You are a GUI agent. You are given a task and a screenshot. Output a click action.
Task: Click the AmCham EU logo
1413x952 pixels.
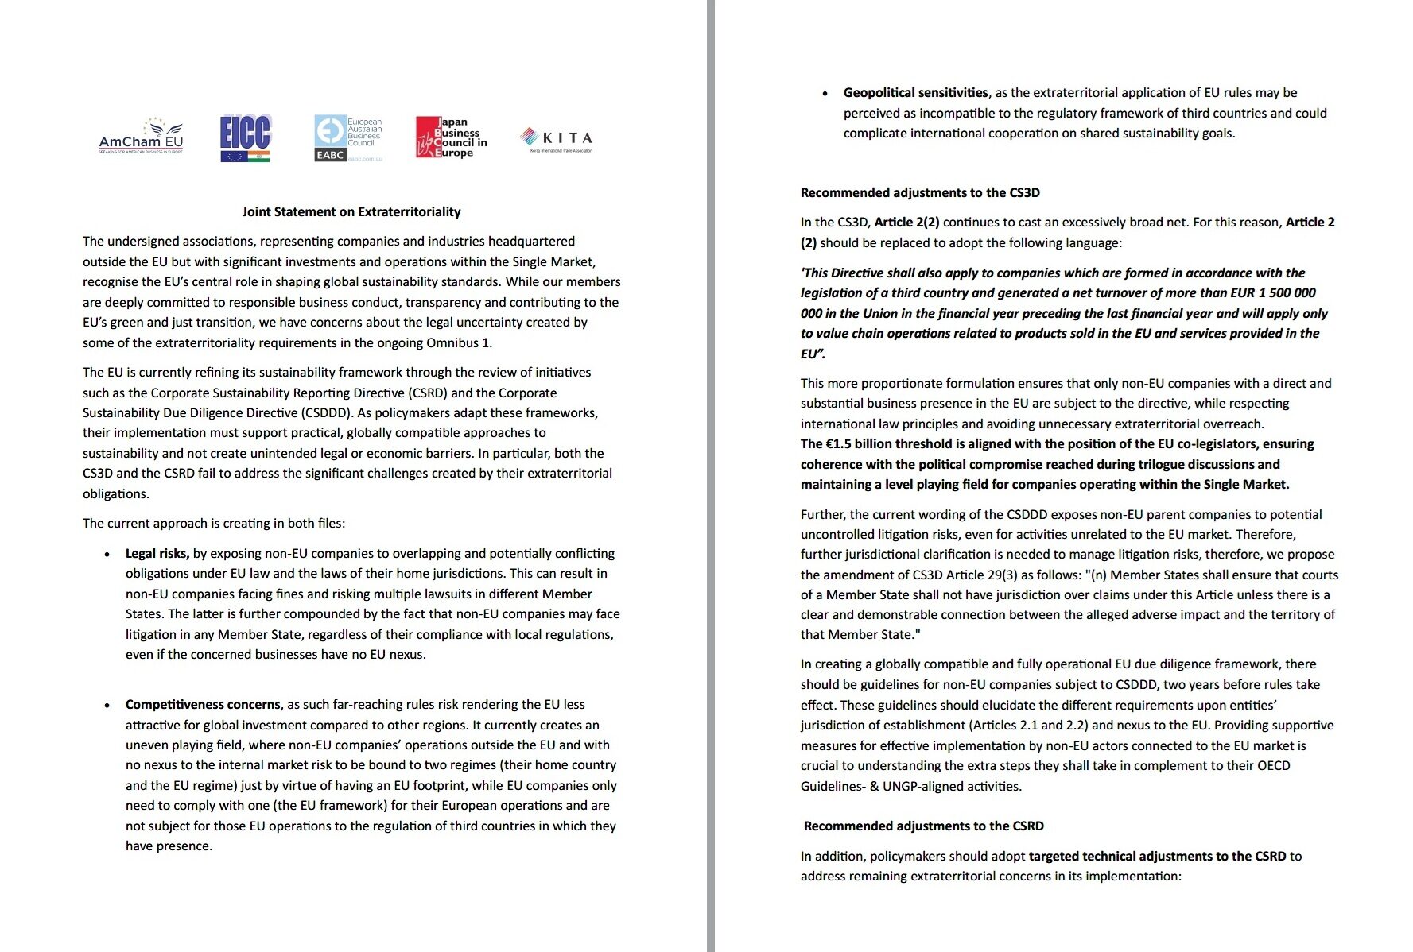click(141, 137)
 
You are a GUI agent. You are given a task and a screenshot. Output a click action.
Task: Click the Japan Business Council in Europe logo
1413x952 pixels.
click(451, 137)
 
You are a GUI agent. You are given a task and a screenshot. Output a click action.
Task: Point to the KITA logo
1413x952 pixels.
click(556, 138)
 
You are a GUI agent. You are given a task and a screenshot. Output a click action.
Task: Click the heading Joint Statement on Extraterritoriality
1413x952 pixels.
click(351, 212)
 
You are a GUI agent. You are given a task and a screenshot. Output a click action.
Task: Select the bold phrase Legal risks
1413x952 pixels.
click(157, 554)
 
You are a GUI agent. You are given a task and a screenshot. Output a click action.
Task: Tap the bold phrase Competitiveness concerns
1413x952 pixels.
click(203, 705)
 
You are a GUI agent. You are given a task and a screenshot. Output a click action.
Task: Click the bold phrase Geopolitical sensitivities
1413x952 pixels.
click(915, 93)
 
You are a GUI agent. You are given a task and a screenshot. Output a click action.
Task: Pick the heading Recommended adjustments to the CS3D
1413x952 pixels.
click(920, 193)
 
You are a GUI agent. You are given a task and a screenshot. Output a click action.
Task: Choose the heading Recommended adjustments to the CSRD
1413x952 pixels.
click(923, 826)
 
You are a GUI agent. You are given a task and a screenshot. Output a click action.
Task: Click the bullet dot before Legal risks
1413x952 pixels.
click(107, 555)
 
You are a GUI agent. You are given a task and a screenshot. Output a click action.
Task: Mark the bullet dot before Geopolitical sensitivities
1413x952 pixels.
click(825, 94)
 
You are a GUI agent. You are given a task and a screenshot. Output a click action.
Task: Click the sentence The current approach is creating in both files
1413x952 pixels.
click(214, 524)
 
